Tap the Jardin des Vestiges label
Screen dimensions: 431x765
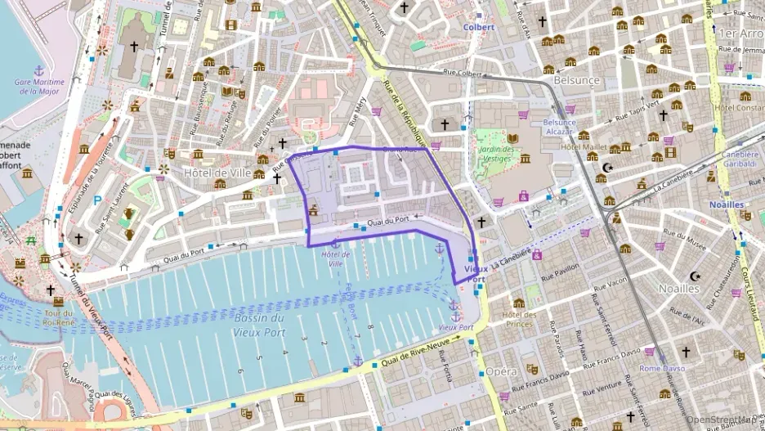[498, 155]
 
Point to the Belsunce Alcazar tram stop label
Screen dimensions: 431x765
[560, 127]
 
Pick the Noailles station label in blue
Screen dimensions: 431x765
[727, 204]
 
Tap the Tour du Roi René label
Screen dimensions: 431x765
[60, 317]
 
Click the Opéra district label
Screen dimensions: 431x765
[501, 371]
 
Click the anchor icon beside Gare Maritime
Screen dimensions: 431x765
[38, 70]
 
